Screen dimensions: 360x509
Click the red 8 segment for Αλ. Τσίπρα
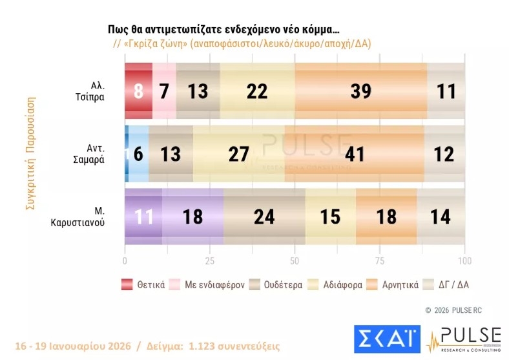(x=138, y=91)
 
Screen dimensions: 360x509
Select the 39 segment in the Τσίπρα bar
(x=360, y=91)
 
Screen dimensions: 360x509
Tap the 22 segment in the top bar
(x=257, y=91)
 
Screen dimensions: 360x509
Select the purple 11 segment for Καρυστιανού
(x=143, y=216)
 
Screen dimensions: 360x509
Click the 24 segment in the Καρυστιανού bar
(x=264, y=216)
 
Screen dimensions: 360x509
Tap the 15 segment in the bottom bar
(x=330, y=216)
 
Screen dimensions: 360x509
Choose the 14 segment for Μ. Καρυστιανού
(x=441, y=216)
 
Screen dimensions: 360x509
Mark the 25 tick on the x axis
(x=209, y=261)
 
